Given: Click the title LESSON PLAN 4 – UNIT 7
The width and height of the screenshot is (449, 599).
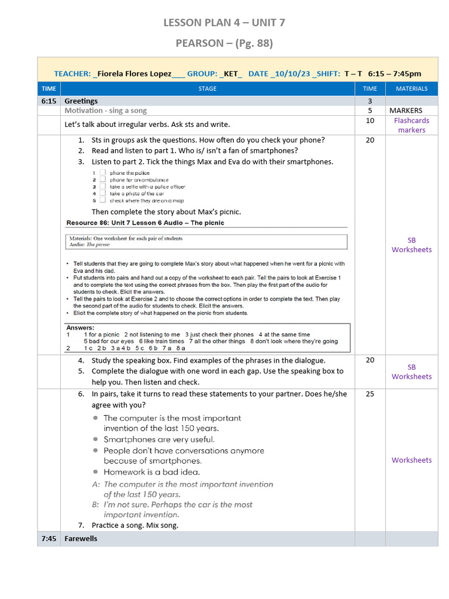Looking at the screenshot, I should [x=224, y=23].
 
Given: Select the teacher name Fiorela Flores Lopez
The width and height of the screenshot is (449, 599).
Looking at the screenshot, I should [x=134, y=74].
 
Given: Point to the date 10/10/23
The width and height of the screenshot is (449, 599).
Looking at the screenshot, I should [x=289, y=74].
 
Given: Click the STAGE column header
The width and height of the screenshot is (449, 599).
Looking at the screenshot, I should [x=207, y=89].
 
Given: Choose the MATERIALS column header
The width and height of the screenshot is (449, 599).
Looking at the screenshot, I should [x=412, y=89].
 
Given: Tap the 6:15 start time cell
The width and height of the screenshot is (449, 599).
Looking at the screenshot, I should [x=49, y=101].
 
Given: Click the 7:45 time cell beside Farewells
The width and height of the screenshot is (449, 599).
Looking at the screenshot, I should [x=49, y=538].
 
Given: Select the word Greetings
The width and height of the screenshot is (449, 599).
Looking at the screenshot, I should [x=81, y=101].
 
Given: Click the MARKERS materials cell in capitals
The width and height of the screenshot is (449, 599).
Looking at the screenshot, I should [x=405, y=111].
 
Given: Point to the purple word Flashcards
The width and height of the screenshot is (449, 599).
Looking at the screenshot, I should [x=412, y=121].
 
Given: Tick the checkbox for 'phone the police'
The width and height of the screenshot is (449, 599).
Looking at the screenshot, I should [x=102, y=173].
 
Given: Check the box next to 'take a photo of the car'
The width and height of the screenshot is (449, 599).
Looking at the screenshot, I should [x=102, y=193].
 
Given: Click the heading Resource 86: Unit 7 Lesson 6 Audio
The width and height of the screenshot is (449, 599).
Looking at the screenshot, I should [x=145, y=223].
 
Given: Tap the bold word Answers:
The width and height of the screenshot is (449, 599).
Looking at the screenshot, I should [x=80, y=328].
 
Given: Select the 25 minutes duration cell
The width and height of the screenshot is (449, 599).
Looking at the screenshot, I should [x=370, y=394].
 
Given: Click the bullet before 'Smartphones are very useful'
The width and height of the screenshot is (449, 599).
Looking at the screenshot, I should [x=95, y=439].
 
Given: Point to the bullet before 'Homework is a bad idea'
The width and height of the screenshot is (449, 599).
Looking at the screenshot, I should [x=95, y=472].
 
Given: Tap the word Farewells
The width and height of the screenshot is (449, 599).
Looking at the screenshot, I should [x=81, y=538].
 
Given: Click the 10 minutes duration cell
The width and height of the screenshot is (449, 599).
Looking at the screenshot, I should [x=370, y=121].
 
